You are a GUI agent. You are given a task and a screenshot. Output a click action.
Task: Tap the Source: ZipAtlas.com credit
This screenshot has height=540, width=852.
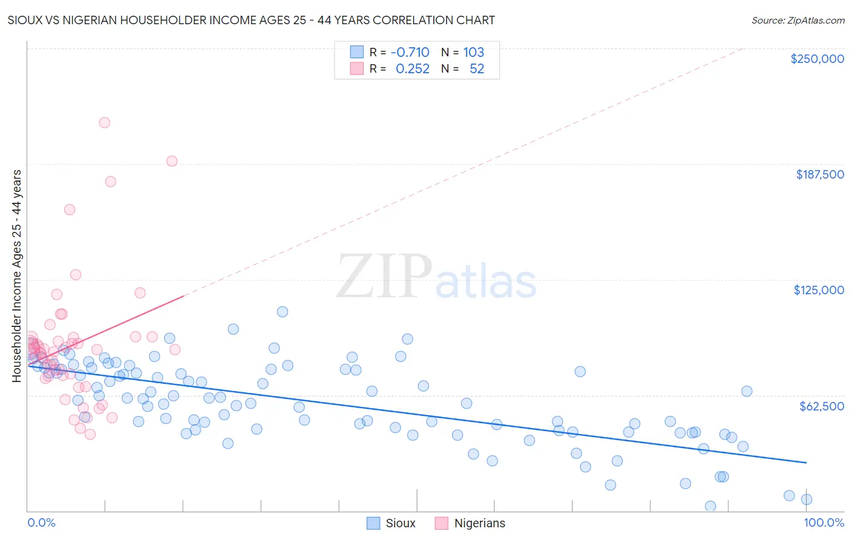coord(797,20)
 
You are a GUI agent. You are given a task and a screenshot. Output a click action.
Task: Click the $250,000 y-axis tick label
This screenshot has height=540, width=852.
coord(817,59)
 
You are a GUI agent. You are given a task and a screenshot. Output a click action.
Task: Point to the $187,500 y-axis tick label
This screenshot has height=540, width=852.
coord(819,174)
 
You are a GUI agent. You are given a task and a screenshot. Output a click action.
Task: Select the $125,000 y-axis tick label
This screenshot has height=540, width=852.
coord(819,290)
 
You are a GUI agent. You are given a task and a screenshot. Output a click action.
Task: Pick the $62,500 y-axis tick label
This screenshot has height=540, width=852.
coord(821,406)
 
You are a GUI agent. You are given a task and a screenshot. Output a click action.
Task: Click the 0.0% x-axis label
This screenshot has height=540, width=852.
coord(41,522)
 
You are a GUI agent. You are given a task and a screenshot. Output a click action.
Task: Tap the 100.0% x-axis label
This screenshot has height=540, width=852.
coord(824,522)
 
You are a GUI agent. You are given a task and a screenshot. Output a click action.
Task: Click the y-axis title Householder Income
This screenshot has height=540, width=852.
coord(17,276)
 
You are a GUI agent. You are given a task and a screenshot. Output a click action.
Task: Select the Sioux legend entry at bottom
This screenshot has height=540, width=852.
coord(391,523)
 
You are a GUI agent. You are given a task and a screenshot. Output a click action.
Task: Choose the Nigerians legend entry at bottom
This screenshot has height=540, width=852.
coord(470,523)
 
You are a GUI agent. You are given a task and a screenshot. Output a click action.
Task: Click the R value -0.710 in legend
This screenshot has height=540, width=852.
coord(410,53)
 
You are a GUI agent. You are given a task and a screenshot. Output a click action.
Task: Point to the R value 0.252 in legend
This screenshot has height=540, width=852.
coord(412,69)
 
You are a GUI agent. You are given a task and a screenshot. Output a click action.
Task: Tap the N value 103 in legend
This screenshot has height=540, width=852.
coord(473,53)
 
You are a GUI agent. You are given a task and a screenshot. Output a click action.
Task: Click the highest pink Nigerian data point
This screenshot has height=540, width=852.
coord(104,122)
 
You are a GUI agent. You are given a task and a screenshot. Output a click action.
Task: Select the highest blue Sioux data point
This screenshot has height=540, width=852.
coord(282,312)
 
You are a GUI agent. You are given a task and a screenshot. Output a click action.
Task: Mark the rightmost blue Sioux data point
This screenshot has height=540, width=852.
coord(806,499)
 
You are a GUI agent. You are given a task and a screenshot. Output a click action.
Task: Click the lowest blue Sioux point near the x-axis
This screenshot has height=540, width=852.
coord(710,506)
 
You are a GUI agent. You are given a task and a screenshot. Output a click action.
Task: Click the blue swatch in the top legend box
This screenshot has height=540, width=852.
coord(357,53)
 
